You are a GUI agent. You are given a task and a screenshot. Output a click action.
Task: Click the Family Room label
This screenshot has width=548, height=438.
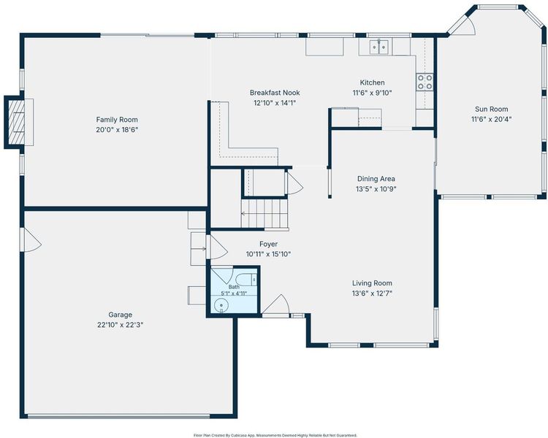pyautogui.click(x=117, y=120)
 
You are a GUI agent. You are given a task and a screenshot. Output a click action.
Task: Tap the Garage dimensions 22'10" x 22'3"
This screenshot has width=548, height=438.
pyautogui.click(x=121, y=325)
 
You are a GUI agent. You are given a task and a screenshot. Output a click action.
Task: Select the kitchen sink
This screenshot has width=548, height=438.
pyautogui.click(x=379, y=47)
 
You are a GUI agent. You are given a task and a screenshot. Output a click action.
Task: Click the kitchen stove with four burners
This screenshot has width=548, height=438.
pyautogui.click(x=425, y=82)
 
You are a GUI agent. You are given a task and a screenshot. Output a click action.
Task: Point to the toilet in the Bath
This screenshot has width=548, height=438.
pyautogui.click(x=246, y=280)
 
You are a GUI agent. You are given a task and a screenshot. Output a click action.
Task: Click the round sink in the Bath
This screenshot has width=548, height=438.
pyautogui.click(x=221, y=306)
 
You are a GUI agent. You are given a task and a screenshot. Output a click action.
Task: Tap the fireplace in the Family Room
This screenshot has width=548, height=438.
pyautogui.click(x=19, y=122)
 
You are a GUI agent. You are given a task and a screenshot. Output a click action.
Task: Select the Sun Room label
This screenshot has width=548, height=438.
pyautogui.click(x=492, y=109)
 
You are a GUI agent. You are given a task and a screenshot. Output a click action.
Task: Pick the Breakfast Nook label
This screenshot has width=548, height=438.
pyautogui.click(x=275, y=93)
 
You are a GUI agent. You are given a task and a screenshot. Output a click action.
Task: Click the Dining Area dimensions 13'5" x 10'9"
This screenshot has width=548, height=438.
pyautogui.click(x=376, y=189)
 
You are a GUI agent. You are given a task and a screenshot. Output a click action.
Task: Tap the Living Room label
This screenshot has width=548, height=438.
pyautogui.click(x=372, y=283)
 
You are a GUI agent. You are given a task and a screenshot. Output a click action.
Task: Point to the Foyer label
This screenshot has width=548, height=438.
pyautogui.click(x=268, y=244)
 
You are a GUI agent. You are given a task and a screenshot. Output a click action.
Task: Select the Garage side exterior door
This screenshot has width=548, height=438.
pyautogui.click(x=31, y=239)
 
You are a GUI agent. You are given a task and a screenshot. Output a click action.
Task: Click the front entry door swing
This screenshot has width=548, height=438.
pyautogui.click(x=276, y=305)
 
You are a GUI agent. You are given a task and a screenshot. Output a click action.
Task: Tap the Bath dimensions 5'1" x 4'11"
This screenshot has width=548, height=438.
pyautogui.click(x=234, y=293)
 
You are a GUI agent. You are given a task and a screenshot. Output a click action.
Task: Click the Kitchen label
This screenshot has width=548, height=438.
pyautogui.click(x=372, y=82)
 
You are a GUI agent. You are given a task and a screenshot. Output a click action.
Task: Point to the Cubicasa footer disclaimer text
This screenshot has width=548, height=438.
pyautogui.click(x=275, y=435)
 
